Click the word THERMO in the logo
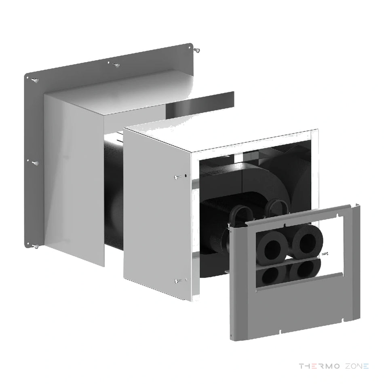point(319,366)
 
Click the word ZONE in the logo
point(357,366)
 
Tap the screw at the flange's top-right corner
point(197,51)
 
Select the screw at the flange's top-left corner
point(35,80)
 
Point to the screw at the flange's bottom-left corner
point(36,247)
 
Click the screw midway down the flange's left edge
point(36,163)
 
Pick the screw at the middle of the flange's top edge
point(116,65)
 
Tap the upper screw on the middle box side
point(178,177)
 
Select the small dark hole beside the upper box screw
point(186,175)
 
